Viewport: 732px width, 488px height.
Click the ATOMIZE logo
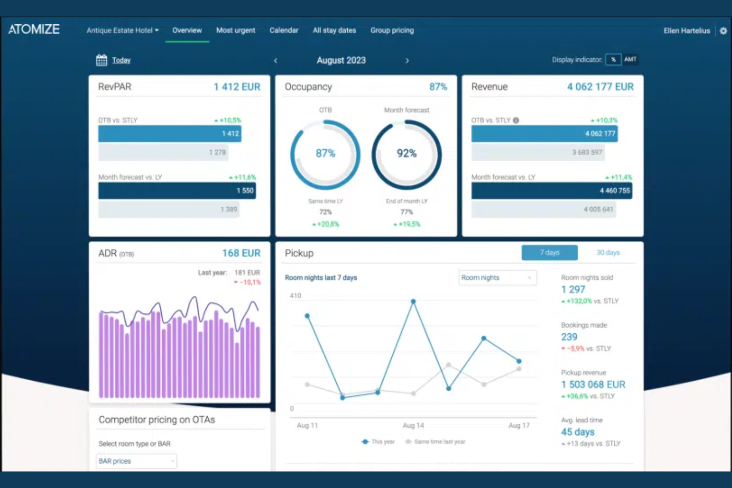(x=34, y=30)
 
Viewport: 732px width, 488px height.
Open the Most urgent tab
(x=235, y=31)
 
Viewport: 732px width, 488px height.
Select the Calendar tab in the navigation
(x=284, y=31)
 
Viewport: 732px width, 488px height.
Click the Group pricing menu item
(x=392, y=31)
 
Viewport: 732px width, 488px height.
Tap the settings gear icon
(x=723, y=31)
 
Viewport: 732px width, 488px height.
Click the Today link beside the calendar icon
(x=121, y=60)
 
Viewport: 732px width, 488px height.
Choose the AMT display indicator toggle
(x=630, y=59)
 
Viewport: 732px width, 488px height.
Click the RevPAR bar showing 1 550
(x=177, y=191)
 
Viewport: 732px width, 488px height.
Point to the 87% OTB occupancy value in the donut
(x=325, y=154)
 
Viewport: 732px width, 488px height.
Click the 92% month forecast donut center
(x=407, y=154)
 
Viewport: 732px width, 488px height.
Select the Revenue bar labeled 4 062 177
(x=544, y=133)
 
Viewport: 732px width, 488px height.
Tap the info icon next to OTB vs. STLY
(x=516, y=120)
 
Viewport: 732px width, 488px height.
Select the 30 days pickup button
(x=607, y=253)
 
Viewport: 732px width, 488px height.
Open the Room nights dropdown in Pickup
(x=497, y=278)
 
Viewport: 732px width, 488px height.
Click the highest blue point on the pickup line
(x=413, y=301)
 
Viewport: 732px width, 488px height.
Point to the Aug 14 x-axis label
(x=413, y=425)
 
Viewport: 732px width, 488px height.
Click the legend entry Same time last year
(x=439, y=442)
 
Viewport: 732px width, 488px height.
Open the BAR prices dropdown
(x=136, y=461)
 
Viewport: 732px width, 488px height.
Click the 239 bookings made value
(x=569, y=337)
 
